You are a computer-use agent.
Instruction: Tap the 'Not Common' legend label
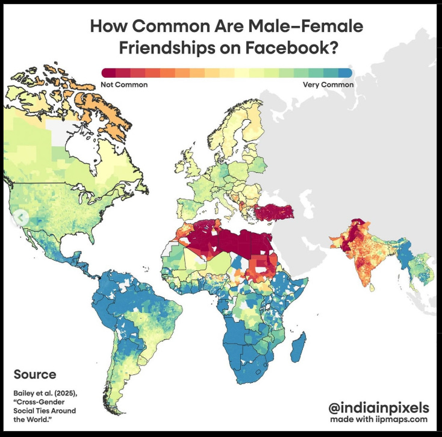(x=124, y=85)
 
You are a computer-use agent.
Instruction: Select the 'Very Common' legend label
(x=328, y=85)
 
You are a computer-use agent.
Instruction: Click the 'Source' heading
(x=35, y=374)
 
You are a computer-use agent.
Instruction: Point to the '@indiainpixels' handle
(x=379, y=408)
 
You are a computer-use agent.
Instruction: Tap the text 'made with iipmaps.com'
(x=379, y=420)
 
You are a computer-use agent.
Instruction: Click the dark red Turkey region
(x=275, y=212)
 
